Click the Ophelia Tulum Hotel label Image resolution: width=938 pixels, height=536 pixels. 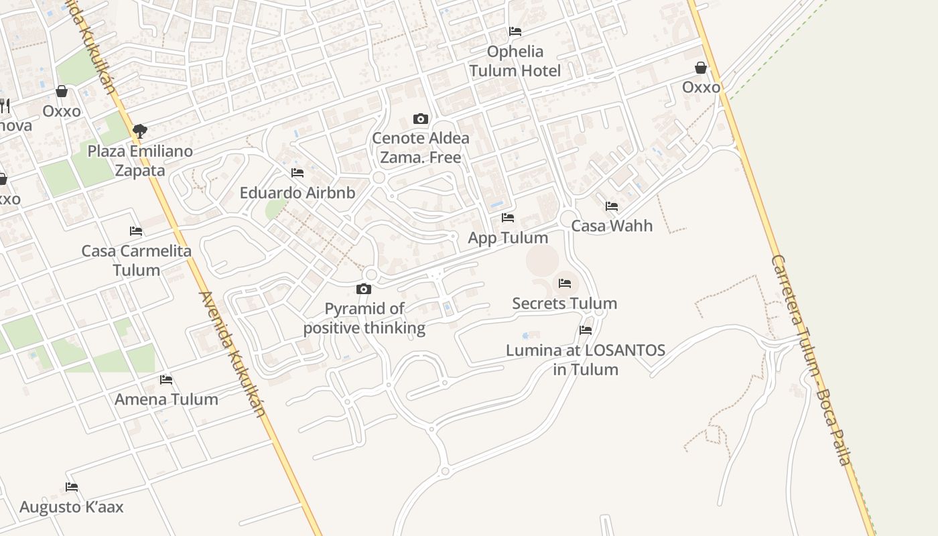[x=515, y=61]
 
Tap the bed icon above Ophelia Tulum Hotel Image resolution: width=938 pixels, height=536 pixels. [x=515, y=31]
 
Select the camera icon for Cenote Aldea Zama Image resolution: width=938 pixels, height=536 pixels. [x=421, y=119]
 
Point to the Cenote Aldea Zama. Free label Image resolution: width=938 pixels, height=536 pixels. [x=420, y=147]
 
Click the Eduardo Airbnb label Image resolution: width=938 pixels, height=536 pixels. [x=297, y=193]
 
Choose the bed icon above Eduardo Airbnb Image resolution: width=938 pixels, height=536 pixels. [x=297, y=173]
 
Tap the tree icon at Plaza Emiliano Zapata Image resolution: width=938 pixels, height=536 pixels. [x=139, y=131]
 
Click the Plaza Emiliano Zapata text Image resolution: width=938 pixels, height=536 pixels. [x=140, y=161]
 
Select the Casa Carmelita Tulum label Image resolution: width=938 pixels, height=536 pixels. [x=136, y=261]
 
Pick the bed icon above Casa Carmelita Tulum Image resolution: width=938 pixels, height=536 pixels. [x=136, y=231]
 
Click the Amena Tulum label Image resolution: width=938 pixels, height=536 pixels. [x=166, y=399]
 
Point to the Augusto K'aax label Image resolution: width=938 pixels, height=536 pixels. [x=72, y=507]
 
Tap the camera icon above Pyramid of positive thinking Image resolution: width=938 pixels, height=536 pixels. [x=364, y=289]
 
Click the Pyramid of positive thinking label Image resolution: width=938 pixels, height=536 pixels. [x=364, y=318]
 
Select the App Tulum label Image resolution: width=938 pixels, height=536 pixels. [x=508, y=238]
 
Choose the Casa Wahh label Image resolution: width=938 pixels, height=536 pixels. [x=612, y=226]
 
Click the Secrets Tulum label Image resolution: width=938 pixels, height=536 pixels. [x=565, y=304]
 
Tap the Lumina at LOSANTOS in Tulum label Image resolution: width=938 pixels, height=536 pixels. [x=586, y=360]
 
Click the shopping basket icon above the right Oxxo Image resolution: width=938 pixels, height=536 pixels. [x=701, y=68]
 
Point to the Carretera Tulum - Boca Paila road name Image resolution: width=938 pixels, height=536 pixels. [x=810, y=359]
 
